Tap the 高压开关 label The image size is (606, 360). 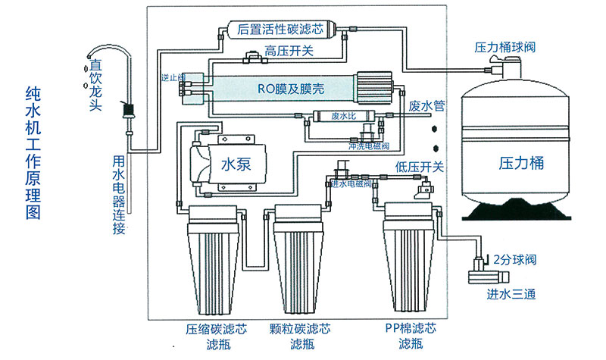coord(289,51)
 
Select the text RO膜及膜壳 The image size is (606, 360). coord(292,89)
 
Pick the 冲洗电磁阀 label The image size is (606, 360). coord(368,144)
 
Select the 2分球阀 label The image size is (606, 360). coord(516,260)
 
